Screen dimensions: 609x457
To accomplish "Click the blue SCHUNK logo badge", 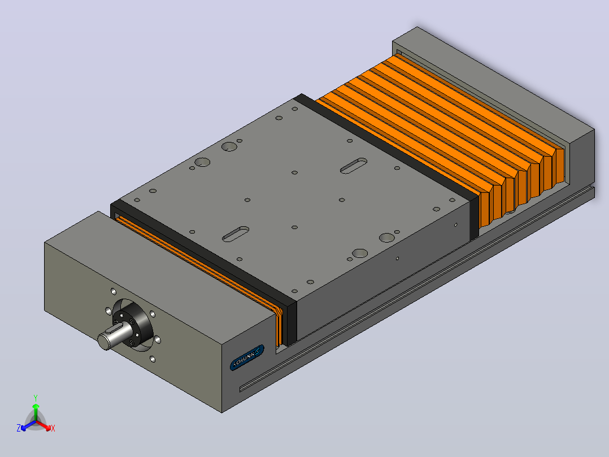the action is (247, 357).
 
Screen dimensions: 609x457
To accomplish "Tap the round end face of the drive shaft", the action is (104, 342).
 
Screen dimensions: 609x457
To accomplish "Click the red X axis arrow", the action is (43, 425).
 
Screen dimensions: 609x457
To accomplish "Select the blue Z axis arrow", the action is (28, 425).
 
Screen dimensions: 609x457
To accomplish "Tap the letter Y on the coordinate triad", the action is (36, 398).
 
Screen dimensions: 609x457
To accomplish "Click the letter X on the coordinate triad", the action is (53, 428).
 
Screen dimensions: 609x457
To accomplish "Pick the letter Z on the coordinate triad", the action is (18, 428).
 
